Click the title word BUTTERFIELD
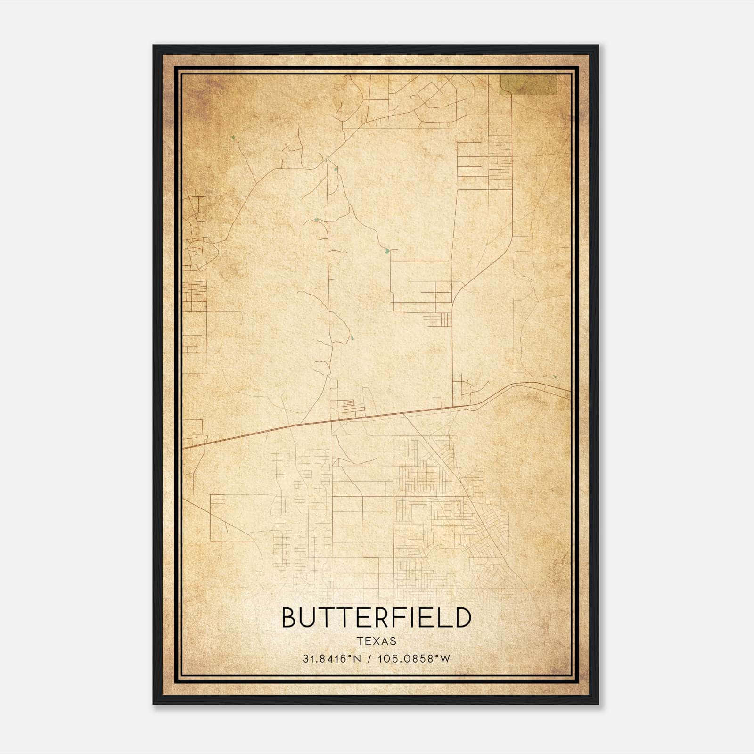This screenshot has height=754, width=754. [376, 618]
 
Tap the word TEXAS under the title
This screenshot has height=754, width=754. [377, 641]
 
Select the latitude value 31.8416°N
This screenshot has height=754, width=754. [332, 658]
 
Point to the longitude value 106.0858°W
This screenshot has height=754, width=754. [414, 658]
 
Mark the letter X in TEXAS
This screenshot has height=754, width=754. [377, 641]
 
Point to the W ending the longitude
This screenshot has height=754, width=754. [445, 658]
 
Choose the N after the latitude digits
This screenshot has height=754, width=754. [358, 658]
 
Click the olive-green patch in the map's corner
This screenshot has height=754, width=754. [529, 84]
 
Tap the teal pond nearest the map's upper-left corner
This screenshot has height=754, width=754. [233, 137]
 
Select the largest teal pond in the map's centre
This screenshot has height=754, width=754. [387, 251]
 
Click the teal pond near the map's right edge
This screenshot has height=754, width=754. [555, 377]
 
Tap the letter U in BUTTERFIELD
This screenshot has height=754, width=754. [309, 618]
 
